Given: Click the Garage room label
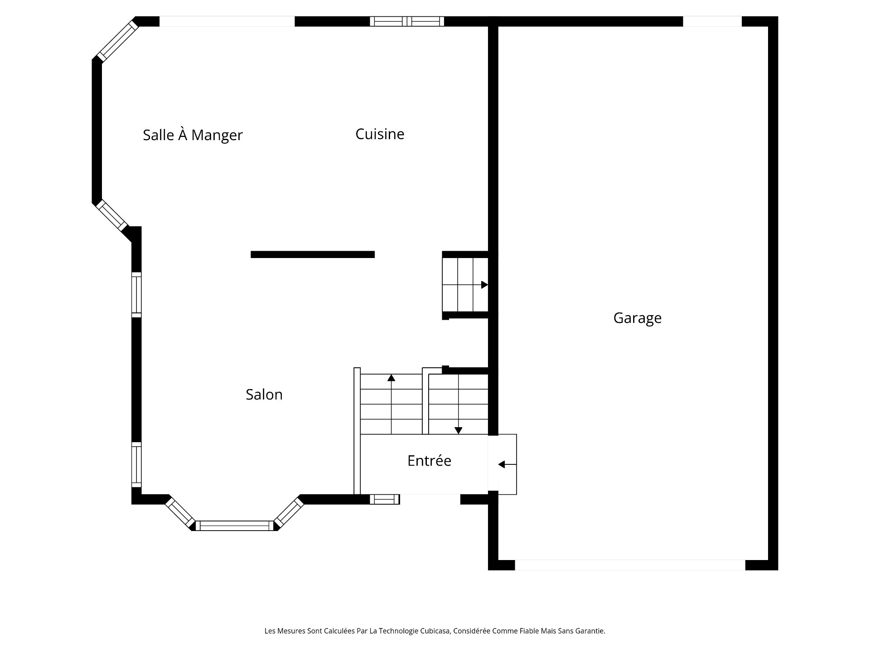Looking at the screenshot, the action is coord(637,318).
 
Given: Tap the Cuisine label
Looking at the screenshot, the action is coord(380,134).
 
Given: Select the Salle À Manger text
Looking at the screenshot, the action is coord(193,135).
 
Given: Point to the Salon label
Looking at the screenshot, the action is coord(264,395).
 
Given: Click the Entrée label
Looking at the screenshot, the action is coord(429,461).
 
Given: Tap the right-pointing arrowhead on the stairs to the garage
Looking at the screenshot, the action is coord(484,285).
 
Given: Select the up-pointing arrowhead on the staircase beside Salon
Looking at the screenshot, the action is coord(391,377).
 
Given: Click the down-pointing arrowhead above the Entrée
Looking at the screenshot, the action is coord(458,431).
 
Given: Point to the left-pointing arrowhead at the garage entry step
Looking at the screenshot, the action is coord(501,464).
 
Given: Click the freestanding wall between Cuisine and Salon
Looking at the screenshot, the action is coord(313,254).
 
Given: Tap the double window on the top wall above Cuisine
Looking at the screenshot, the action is coord(407,21).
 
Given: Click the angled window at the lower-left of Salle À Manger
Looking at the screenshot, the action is coord(111,215).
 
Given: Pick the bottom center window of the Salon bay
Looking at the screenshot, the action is coord(235,526).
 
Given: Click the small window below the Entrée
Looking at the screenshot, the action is coord(385,499).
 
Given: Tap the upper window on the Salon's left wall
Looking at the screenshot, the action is coord(136,294).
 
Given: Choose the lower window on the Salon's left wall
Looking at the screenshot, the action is coord(136,465).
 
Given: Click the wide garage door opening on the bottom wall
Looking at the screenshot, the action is coord(630,565).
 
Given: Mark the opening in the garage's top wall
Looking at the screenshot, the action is coord(712,21).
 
